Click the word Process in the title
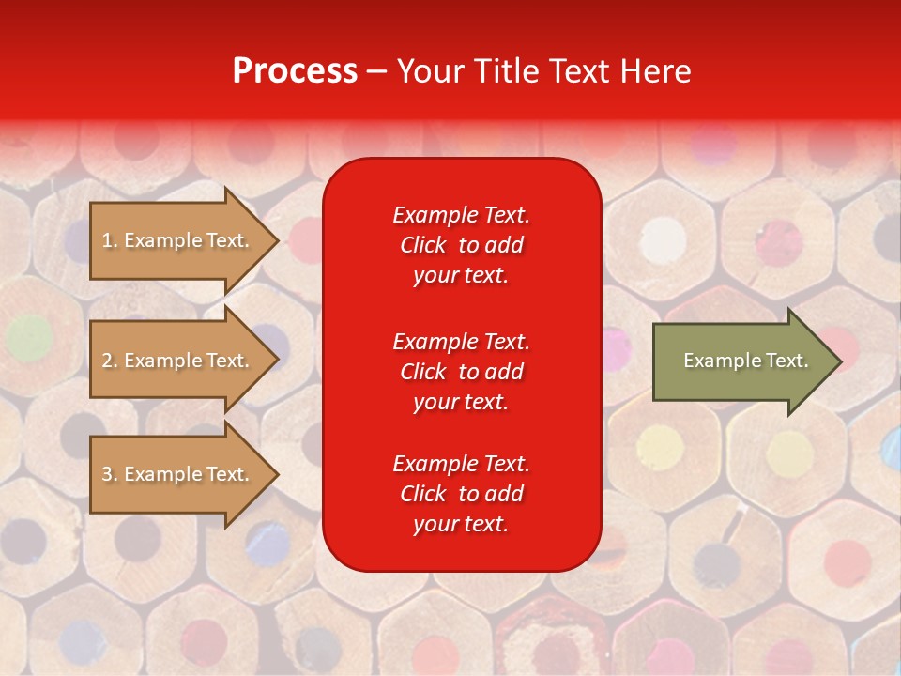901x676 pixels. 295,71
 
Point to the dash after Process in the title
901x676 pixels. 376,72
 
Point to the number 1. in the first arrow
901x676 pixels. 110,240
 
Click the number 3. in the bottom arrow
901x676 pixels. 110,474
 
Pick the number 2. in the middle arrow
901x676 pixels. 110,361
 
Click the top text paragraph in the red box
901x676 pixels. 461,245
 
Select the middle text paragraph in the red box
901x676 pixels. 461,372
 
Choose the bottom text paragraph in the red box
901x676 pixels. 461,494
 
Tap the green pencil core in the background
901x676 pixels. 30,334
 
